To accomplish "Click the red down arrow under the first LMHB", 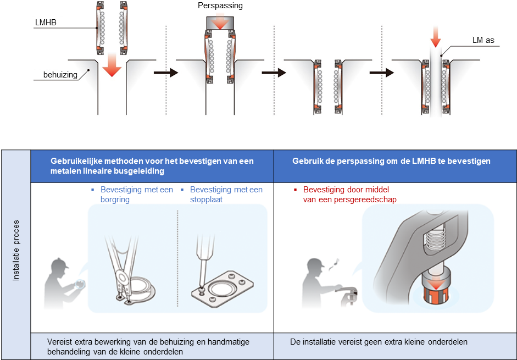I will [112, 64].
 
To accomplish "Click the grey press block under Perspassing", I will [220, 23].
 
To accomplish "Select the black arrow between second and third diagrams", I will [273, 73].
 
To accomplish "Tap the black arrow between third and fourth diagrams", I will [381, 73].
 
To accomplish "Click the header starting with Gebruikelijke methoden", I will [152, 165].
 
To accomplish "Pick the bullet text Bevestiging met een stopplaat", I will [226, 194].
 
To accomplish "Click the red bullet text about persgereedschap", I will [349, 195].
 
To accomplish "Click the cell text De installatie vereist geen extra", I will [379, 341].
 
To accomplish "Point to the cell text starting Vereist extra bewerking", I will [152, 346].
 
